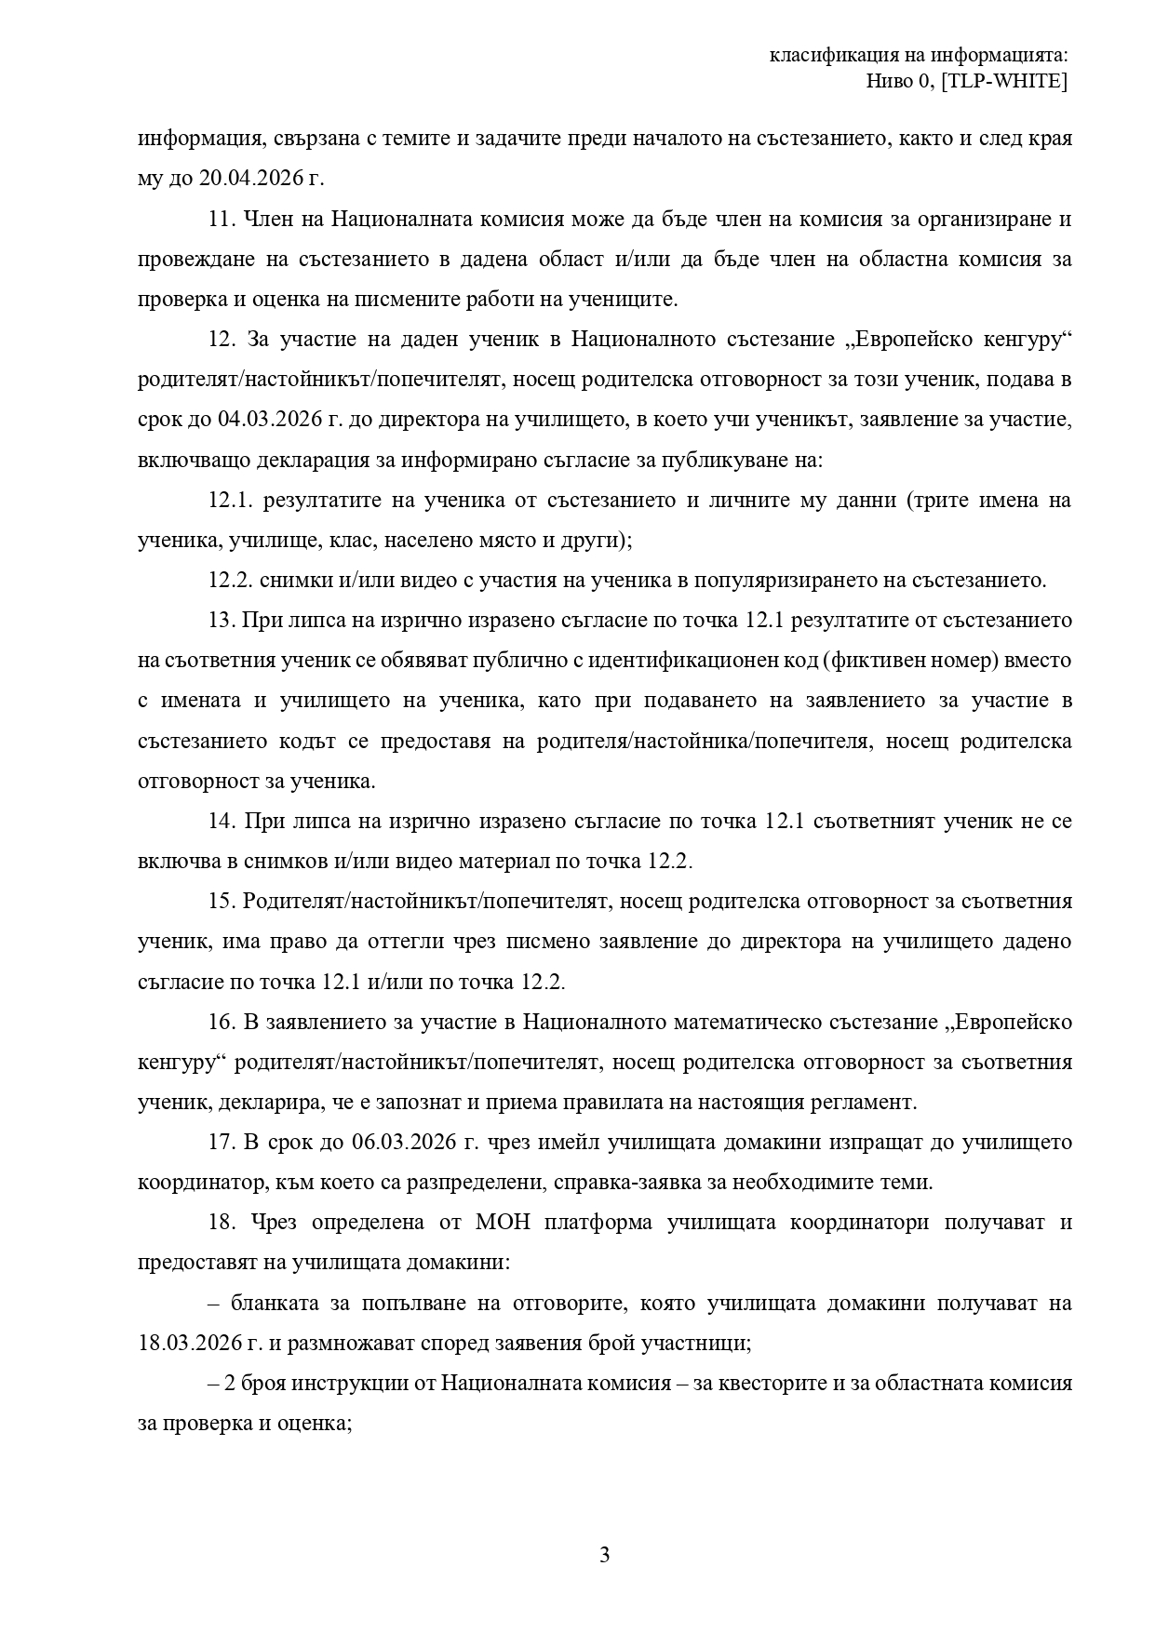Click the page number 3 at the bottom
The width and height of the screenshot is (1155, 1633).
pos(604,1555)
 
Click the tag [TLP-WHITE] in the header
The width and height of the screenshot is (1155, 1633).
pos(1004,82)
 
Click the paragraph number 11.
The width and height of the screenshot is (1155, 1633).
pos(220,220)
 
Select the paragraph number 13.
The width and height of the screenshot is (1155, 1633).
pos(220,620)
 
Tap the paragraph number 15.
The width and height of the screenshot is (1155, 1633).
pos(220,901)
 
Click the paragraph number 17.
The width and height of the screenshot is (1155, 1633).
pos(220,1142)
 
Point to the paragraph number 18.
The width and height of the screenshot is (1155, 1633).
pos(220,1222)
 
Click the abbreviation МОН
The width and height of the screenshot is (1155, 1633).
pos(503,1222)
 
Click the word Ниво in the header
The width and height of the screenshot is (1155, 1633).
pos(890,82)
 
